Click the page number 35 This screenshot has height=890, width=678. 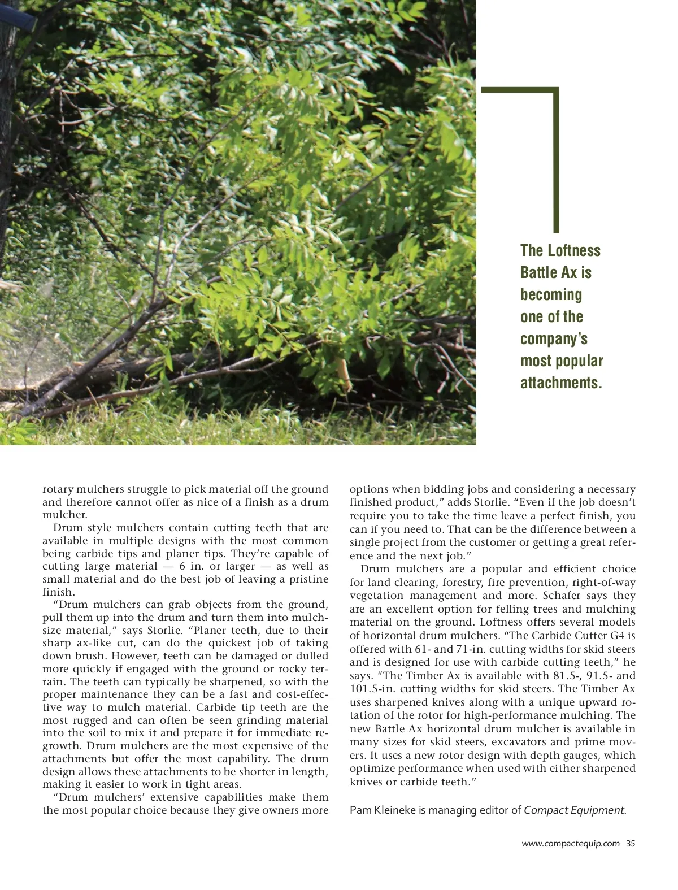631,844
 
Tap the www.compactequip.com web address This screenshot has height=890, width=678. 570,844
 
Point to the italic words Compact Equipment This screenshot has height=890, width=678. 574,810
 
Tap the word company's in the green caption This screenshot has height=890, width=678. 554,339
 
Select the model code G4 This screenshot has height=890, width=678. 619,636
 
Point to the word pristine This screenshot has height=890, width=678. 306,579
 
